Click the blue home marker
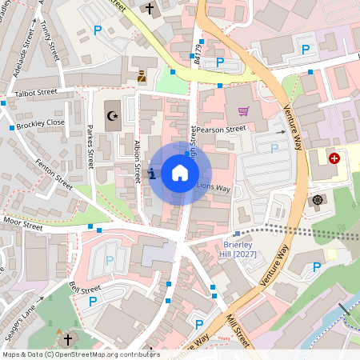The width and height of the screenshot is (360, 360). point(180,173)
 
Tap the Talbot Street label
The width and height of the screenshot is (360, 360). point(37,93)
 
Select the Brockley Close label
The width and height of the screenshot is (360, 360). point(39,124)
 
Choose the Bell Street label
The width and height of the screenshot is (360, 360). point(85,288)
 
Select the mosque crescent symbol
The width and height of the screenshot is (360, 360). point(112,116)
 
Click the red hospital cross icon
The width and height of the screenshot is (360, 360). point(334,159)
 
